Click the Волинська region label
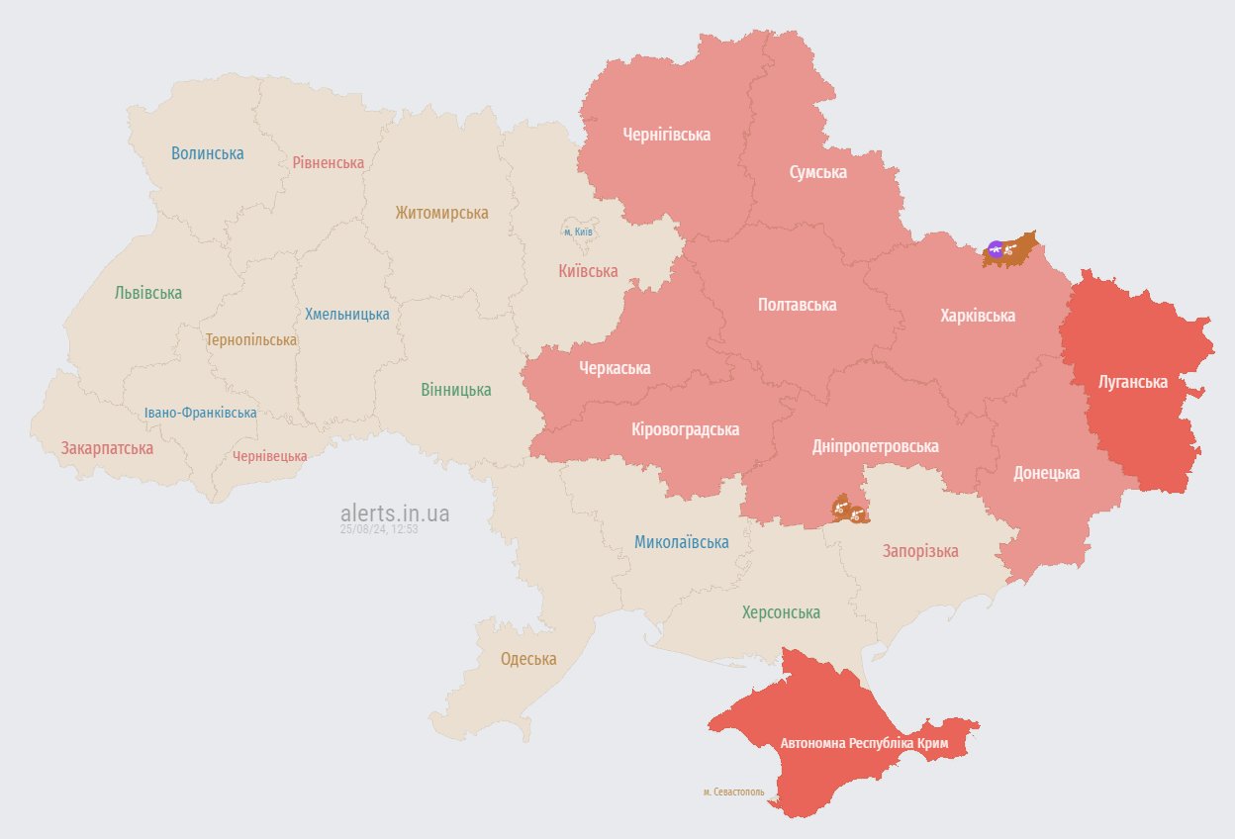click(x=207, y=153)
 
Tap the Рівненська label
click(x=328, y=162)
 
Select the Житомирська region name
click(x=441, y=213)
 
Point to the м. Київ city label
click(x=578, y=232)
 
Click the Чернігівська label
click(x=666, y=135)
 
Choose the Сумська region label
click(x=817, y=172)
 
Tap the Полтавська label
click(x=797, y=305)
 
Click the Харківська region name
click(x=978, y=316)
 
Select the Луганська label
click(x=1133, y=382)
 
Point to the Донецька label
click(x=1046, y=473)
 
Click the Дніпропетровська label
click(x=875, y=446)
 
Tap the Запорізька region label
click(x=920, y=551)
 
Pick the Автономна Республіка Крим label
click(x=864, y=743)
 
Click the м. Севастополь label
click(x=733, y=792)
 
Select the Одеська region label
click(x=528, y=659)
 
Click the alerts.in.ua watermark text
click(x=395, y=513)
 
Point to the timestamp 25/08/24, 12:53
click(x=379, y=529)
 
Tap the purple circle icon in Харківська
click(x=996, y=248)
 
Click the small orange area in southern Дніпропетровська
click(x=849, y=510)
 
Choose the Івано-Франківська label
click(x=200, y=413)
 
